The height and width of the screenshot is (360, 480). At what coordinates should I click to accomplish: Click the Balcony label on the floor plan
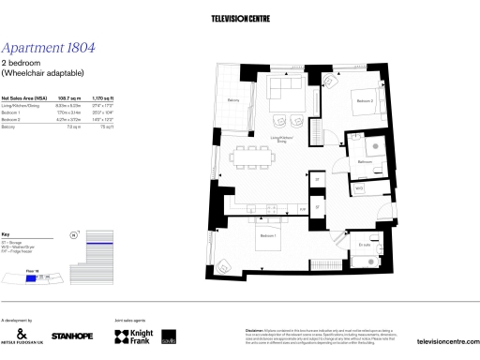(x=233, y=99)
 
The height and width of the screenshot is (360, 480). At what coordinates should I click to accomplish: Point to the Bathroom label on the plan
(x=366, y=161)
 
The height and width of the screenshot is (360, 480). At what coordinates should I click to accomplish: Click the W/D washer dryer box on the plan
(x=359, y=187)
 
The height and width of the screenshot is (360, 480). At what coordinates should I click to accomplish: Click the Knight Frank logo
(x=133, y=335)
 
